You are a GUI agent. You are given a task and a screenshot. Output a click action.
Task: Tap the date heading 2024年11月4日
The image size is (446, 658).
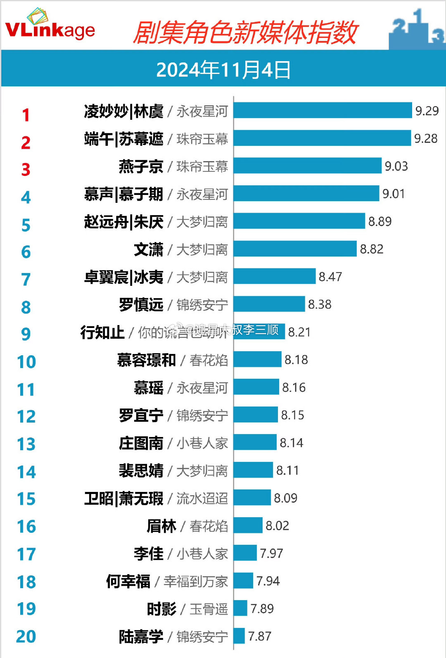[x=223, y=69]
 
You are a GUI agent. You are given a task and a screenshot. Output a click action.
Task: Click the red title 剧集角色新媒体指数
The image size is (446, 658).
[x=245, y=33]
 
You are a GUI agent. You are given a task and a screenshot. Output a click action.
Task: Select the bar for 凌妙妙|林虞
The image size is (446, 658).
[x=323, y=110]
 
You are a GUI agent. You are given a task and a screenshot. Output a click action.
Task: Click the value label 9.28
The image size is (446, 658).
[x=426, y=138]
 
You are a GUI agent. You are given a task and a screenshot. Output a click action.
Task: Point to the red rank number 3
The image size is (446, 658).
[x=26, y=169]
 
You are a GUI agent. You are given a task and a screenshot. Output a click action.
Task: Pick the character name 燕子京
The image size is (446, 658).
[x=141, y=166]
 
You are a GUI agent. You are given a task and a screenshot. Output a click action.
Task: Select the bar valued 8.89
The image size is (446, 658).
[x=299, y=221]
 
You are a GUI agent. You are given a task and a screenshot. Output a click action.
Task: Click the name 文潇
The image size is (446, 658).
[x=149, y=249]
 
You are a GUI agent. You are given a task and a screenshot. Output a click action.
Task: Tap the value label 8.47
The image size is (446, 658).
[x=330, y=277]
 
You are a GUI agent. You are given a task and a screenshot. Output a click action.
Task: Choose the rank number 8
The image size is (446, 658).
[x=26, y=307]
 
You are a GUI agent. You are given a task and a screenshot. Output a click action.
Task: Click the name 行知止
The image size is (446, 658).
[x=102, y=332]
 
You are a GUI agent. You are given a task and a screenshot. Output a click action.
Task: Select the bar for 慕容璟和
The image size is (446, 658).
[x=257, y=359]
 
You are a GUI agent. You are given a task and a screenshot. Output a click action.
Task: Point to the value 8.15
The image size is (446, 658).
[x=292, y=415]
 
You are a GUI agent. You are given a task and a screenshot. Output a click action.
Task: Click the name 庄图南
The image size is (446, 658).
[x=141, y=443]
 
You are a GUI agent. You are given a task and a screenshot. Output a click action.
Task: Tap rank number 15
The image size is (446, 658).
[x=26, y=499]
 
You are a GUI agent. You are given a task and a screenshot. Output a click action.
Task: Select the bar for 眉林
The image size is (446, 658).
[x=248, y=525]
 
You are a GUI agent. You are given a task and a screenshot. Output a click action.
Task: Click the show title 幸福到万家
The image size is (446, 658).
[x=195, y=582]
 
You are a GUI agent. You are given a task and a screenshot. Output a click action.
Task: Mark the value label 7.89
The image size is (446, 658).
[x=262, y=609]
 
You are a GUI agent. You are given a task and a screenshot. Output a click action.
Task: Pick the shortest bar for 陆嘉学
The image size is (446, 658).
[x=239, y=636]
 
